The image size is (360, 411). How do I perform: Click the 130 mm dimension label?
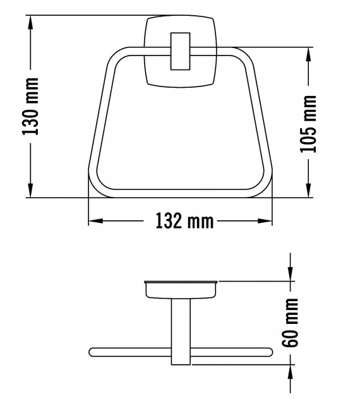(x=31, y=107)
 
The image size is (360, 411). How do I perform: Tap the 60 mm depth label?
(x=291, y=323)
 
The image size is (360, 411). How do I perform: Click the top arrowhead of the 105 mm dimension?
(x=309, y=52)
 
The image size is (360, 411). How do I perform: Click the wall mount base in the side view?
(x=181, y=289)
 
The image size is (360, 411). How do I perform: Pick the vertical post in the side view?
(x=181, y=331)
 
